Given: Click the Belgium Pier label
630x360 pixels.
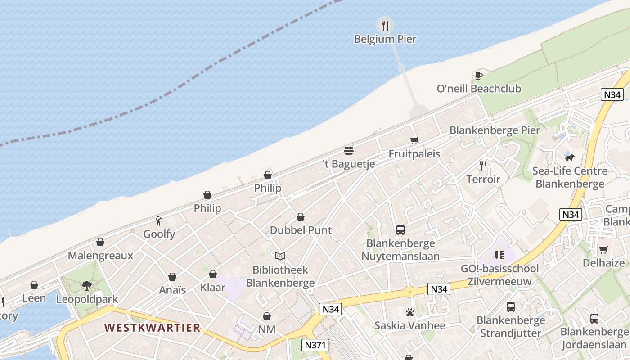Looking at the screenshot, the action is point(385,39).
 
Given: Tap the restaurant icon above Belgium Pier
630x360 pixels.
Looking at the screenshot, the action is point(385,25).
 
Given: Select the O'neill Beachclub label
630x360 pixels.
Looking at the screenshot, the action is point(479,89).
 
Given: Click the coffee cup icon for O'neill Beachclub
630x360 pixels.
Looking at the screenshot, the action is point(478,75).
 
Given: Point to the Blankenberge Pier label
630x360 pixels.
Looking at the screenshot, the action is point(495,130).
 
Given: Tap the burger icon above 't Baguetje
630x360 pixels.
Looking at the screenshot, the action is point(349,150).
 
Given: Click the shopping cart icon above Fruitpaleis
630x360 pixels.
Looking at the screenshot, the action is point(414,140).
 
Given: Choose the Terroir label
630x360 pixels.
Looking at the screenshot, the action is point(483,180).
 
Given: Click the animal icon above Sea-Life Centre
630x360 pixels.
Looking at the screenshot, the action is point(570,157).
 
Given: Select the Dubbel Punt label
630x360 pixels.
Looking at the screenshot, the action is point(301,230).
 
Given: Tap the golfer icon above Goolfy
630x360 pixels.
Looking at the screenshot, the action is point(158,220).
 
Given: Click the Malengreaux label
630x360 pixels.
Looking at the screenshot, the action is point(100,256).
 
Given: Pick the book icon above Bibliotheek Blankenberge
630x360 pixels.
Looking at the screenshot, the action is point(280,256).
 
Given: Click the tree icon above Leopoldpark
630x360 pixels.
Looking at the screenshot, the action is point(87,285).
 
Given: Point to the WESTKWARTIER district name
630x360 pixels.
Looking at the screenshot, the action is point(153,328).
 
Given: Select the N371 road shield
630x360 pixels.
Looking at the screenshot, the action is point(315,345).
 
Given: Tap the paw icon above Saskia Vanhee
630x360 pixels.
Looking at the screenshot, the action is point(409,312).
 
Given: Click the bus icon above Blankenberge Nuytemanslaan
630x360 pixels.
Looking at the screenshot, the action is point(400,230).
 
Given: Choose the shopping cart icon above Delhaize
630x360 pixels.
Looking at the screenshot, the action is point(603,250).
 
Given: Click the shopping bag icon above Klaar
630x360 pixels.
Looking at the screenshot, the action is point(213,274).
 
